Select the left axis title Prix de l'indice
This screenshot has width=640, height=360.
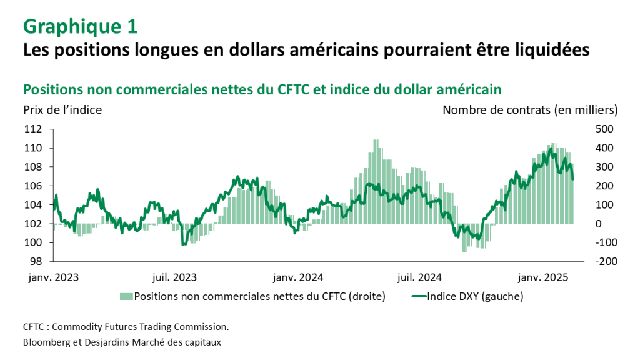point(62,109)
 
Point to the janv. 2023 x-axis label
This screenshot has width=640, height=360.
point(54,276)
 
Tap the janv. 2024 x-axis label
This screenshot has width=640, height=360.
point(298,276)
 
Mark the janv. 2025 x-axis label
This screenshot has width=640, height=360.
point(542,276)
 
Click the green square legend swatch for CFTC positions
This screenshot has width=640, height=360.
point(126,296)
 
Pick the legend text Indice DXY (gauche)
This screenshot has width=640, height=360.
point(474,296)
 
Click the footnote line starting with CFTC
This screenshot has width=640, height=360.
point(126,327)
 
